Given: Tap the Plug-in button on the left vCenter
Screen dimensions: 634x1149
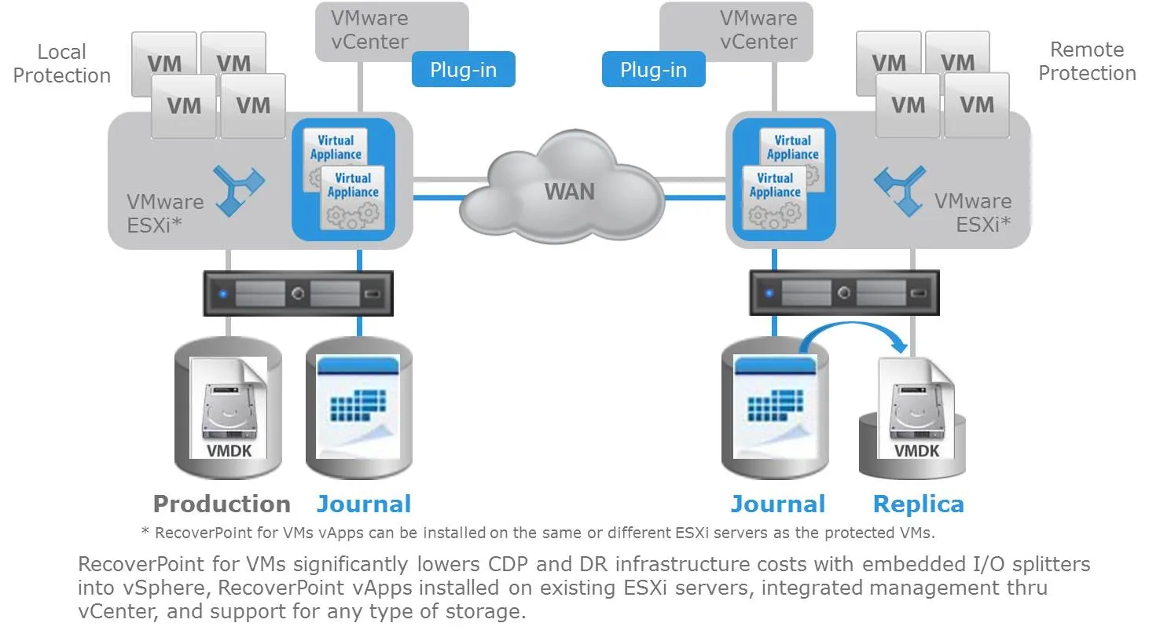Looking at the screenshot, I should [x=463, y=69].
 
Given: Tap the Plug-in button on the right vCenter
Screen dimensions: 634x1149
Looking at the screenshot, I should [x=653, y=69].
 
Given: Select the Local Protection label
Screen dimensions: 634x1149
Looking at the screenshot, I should [x=62, y=64].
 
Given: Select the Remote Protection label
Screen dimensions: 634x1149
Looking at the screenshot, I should [x=1087, y=61].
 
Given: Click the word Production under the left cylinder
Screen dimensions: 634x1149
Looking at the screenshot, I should [x=222, y=504].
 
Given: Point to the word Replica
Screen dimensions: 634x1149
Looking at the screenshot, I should [x=918, y=504].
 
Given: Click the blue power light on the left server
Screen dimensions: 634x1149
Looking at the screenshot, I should [x=224, y=294].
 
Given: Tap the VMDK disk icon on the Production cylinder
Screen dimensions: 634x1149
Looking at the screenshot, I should [x=228, y=409].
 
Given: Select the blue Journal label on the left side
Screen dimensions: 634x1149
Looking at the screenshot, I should [x=363, y=504].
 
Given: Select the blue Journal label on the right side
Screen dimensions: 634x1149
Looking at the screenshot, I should [x=777, y=504].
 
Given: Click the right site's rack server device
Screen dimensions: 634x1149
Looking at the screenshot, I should [x=844, y=293].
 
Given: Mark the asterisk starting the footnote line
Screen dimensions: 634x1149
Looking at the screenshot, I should [x=145, y=531].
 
